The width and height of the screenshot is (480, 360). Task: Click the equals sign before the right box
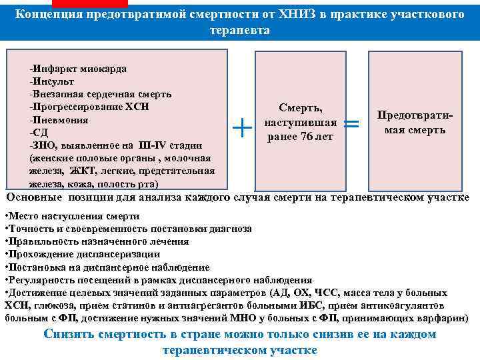click(x=353, y=124)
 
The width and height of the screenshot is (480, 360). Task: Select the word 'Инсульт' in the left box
click(x=51, y=82)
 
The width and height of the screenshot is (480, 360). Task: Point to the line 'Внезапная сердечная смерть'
click(x=101, y=95)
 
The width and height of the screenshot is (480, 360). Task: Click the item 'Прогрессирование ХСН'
click(x=90, y=107)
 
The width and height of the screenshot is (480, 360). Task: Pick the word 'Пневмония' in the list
click(x=59, y=120)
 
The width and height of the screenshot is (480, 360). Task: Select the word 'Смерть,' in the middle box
click(x=301, y=107)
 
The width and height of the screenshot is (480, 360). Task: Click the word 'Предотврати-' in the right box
click(x=415, y=115)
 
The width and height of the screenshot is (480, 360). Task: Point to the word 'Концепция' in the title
click(x=50, y=15)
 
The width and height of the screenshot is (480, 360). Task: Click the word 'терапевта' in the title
click(x=239, y=31)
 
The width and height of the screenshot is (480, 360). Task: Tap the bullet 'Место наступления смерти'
click(x=73, y=217)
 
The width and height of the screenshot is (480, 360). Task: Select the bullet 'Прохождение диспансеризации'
click(x=83, y=254)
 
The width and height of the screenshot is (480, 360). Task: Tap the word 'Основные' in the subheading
click(x=34, y=197)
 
